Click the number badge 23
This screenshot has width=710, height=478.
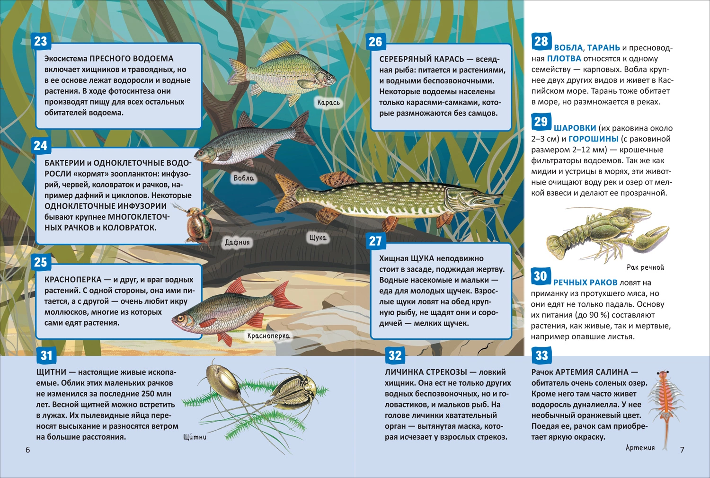41,41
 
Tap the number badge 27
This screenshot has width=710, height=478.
375,241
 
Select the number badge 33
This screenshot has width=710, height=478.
541,355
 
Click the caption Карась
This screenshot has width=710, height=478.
328,102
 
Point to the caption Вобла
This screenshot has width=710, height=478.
243,178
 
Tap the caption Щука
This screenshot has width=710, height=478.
318,238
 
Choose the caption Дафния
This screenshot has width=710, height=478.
237,242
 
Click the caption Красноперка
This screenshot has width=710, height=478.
268,336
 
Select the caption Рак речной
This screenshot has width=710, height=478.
645,267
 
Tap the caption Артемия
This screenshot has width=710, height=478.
640,448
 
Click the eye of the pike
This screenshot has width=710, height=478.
475,193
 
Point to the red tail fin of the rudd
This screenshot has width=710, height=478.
284,296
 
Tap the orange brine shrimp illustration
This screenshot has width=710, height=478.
662,406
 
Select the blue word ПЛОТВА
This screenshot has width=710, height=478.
564,59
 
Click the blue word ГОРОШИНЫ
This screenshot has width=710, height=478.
594,139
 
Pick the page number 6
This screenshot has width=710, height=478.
27,450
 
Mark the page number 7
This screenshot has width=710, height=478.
682,450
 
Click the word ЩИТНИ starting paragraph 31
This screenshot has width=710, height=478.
51,372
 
